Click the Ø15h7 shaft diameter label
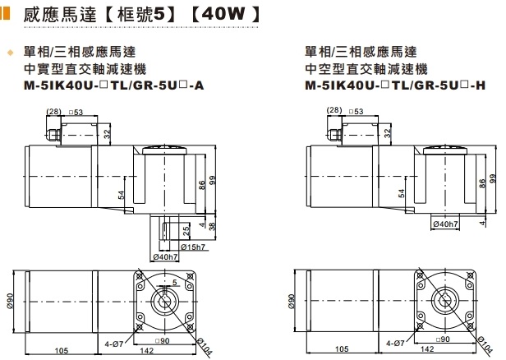click(x=193, y=246)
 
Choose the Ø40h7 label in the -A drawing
click(x=165, y=256)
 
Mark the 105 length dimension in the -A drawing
click(x=61, y=351)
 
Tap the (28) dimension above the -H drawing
click(x=333, y=110)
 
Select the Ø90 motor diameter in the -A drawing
click(x=11, y=301)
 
